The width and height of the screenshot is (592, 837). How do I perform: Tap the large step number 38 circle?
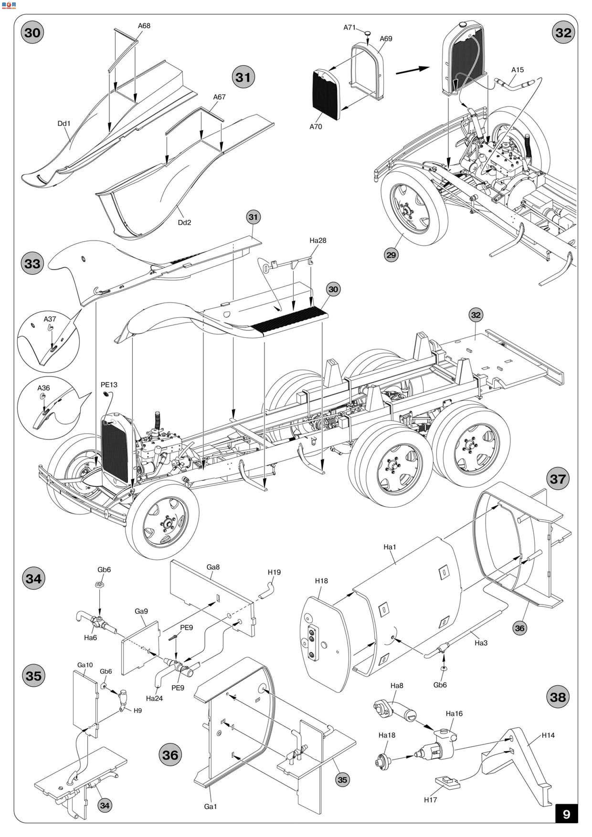[558, 697]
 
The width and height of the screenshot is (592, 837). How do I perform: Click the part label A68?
[144, 26]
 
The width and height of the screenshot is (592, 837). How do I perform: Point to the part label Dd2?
[185, 222]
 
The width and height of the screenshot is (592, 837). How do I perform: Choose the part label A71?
[349, 27]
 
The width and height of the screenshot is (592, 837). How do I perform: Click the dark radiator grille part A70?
[326, 95]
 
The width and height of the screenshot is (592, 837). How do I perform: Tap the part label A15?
[517, 70]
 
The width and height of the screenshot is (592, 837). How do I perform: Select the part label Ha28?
[318, 240]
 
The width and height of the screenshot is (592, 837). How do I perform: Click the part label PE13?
[109, 385]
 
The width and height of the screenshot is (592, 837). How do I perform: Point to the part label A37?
[50, 319]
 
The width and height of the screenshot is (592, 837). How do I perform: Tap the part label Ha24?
[154, 698]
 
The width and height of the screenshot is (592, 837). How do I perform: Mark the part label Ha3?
[481, 643]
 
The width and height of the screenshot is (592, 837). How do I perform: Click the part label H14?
[548, 735]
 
